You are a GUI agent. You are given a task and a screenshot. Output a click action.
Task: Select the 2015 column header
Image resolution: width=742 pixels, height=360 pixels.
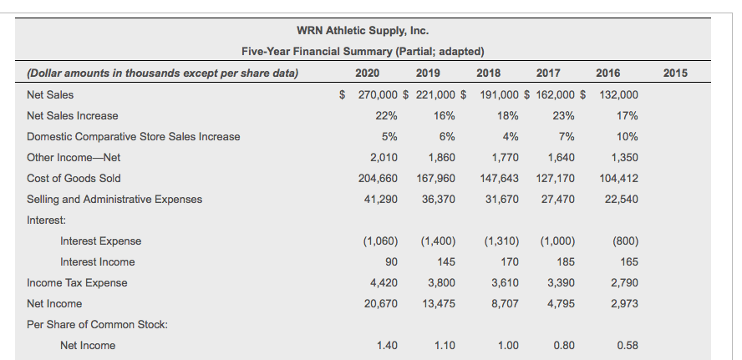coord(674,74)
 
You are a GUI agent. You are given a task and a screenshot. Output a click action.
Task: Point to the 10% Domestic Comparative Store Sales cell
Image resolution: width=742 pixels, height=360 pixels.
coord(627,136)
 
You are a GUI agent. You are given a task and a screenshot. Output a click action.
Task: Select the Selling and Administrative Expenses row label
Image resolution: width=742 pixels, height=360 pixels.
coord(114,199)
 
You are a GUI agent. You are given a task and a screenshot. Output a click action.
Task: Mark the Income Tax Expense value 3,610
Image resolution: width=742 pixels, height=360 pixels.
coord(502,282)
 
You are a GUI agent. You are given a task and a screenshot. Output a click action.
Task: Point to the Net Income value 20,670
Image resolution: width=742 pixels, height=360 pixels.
coord(380,303)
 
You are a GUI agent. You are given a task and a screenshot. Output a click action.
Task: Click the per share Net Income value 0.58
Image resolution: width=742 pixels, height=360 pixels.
coord(627,345)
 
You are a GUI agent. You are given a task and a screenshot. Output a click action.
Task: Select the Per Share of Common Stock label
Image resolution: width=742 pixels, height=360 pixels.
coord(97,324)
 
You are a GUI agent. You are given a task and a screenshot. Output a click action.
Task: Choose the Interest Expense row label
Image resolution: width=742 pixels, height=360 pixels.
coord(100,241)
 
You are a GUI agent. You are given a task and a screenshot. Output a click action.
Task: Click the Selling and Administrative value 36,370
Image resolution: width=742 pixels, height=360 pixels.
coord(439,199)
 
